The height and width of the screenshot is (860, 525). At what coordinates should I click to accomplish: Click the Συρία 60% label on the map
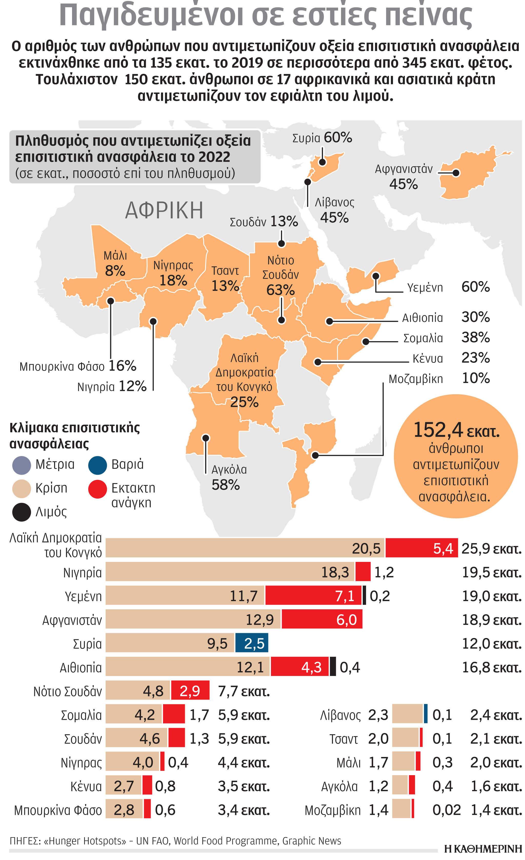point(322,138)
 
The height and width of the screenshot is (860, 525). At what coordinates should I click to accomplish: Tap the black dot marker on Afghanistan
point(456,173)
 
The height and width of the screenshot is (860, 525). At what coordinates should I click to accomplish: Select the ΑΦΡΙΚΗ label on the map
point(164,210)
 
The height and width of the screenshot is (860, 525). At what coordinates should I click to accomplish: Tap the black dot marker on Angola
point(206,438)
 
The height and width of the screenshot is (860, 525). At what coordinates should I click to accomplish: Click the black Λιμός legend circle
point(21,512)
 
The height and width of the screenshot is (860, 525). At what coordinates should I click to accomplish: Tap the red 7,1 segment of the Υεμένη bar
point(313,596)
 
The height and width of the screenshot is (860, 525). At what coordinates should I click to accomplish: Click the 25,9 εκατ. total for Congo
point(491,549)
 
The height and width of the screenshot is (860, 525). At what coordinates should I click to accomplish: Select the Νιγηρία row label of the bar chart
point(82,572)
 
